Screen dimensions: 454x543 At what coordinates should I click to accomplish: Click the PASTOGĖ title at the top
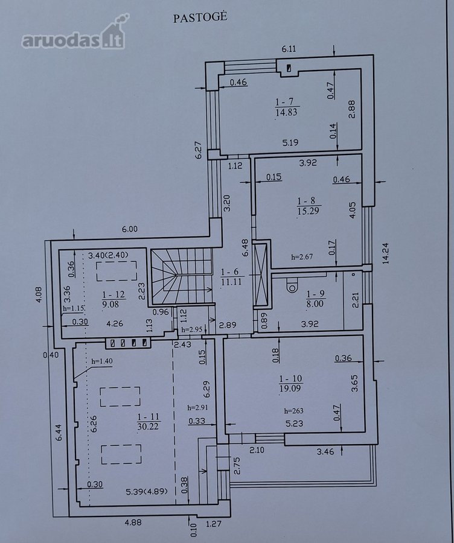coord(200,17)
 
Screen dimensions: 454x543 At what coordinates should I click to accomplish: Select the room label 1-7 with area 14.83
coord(287,107)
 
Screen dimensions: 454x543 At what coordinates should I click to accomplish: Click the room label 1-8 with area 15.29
coord(308,206)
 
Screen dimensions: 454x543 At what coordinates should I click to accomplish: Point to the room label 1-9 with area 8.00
coord(315,299)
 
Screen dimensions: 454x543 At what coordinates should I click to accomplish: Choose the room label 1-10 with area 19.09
coord(291,383)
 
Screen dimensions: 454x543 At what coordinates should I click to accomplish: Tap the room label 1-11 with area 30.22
coord(149,422)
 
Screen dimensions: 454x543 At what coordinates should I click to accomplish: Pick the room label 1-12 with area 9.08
coord(113,299)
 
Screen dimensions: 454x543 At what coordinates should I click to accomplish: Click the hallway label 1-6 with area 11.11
coord(231,277)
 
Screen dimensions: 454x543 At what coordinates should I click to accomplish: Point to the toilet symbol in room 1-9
coord(292,285)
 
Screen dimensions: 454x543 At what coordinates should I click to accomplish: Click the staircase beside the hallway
coord(181,276)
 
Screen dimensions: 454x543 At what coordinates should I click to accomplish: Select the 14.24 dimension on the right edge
coord(386,253)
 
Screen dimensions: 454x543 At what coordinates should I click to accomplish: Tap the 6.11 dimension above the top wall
coord(289,48)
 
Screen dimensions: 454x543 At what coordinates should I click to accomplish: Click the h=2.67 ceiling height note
coord(302,257)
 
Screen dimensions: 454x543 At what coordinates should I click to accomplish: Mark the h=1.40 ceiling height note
coord(102,361)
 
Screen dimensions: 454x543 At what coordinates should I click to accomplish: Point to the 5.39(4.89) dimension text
coord(147,491)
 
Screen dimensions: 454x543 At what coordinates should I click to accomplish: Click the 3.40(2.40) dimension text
coord(108,256)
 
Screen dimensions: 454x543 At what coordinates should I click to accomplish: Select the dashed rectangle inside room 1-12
coord(117,271)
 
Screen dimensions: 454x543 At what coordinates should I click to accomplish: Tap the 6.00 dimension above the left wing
coord(129,229)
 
